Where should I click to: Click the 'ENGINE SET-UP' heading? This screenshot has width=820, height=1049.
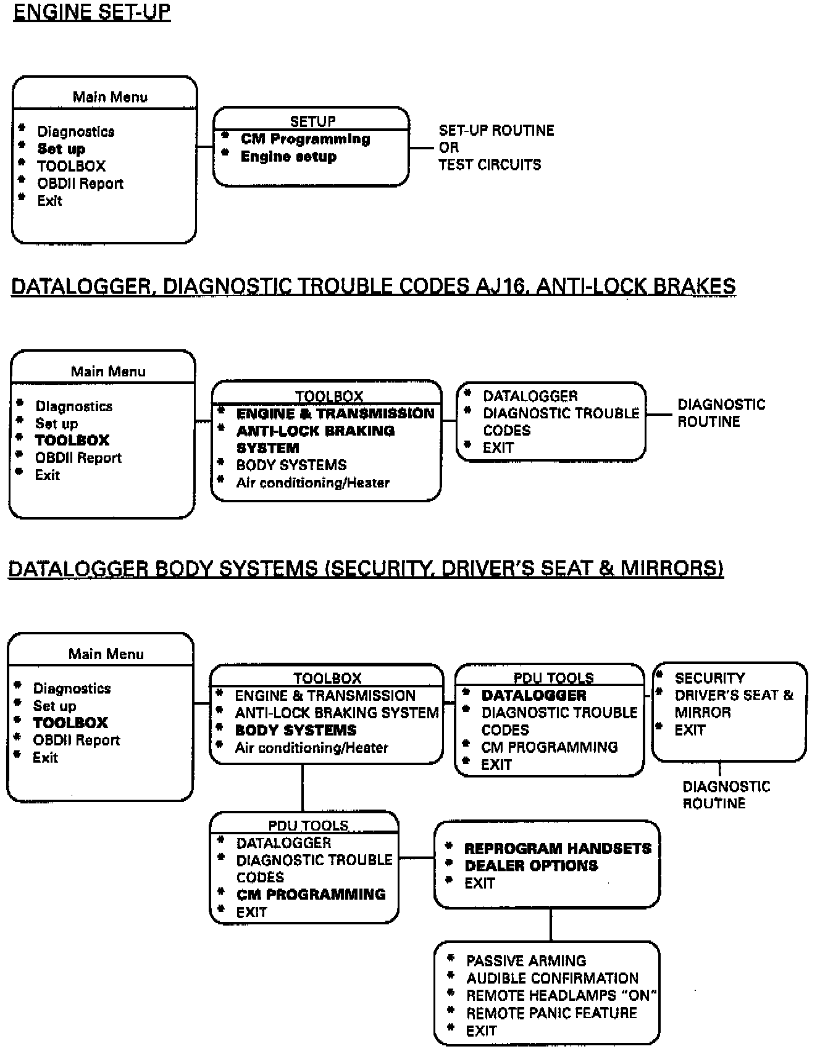(x=91, y=12)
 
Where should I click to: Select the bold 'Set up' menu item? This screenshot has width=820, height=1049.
(x=61, y=149)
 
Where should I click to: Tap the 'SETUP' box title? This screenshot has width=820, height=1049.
(x=312, y=122)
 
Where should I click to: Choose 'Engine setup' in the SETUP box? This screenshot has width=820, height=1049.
(x=288, y=157)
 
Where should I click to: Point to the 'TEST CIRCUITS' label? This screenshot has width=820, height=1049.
(x=490, y=165)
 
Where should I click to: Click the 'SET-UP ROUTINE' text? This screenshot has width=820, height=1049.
(x=496, y=130)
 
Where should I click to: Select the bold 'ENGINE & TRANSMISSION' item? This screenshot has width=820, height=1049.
(x=335, y=413)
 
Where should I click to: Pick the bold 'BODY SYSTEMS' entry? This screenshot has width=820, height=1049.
(x=296, y=730)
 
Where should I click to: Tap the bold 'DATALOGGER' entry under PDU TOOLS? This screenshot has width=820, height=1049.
(x=533, y=695)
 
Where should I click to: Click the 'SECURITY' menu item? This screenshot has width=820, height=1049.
(x=709, y=678)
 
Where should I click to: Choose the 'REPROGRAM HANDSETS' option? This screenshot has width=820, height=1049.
(x=558, y=848)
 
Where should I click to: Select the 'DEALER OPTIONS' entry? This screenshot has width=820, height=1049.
(x=531, y=866)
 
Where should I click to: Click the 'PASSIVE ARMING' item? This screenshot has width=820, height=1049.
(x=526, y=961)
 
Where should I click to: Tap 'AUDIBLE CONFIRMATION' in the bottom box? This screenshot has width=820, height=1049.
(x=552, y=978)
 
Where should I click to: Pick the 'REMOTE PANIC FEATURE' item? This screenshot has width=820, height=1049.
(x=551, y=1013)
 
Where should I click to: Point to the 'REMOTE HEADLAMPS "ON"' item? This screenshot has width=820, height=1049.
(x=561, y=995)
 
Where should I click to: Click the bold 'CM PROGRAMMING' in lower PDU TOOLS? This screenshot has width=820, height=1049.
(x=311, y=894)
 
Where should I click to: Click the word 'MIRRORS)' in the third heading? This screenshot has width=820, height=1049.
(x=671, y=568)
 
